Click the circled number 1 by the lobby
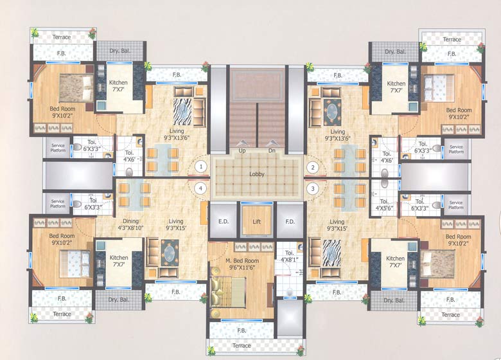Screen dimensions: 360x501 tap(201, 166)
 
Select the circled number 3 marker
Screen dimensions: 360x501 tap(313, 188)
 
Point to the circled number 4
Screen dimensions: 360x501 tap(201, 188)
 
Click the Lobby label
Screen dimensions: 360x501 tap(257, 174)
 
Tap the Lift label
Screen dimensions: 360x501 tap(256, 222)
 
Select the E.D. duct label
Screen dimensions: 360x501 tap(224, 222)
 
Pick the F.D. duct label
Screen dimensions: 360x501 tap(290, 222)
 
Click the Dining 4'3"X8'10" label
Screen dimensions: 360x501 tap(130, 224)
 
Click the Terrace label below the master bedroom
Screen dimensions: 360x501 tap(242, 345)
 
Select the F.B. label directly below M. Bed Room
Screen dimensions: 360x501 tap(242, 330)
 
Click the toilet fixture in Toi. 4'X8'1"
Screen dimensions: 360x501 tap(290, 292)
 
